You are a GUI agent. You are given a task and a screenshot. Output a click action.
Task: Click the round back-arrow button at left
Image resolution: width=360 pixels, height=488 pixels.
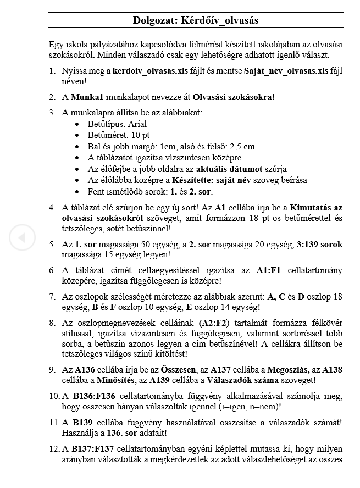tap(22, 237)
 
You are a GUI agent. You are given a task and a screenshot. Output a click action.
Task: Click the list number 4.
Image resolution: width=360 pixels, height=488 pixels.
tap(52, 208)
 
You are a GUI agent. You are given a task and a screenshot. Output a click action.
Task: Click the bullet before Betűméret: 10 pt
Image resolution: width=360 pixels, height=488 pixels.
tap(77, 135)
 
